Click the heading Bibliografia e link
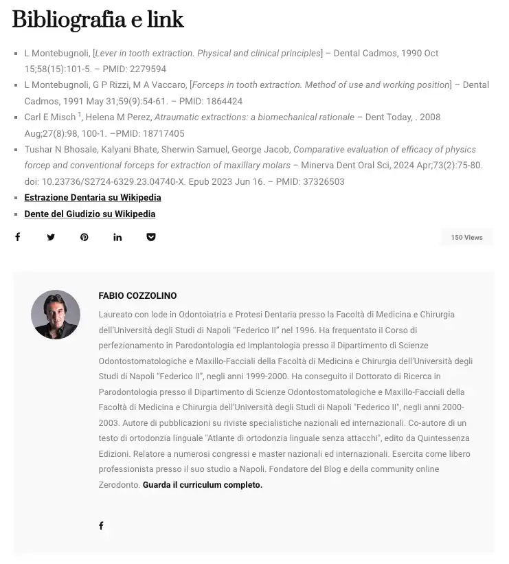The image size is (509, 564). tap(98, 21)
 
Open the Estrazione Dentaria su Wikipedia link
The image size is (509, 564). tap(93, 198)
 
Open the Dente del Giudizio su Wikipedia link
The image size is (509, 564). tap(90, 214)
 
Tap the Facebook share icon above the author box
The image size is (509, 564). tap(18, 237)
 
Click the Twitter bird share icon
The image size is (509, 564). tap(51, 238)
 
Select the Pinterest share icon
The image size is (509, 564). tap(84, 238)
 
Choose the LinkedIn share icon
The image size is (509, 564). tap(117, 238)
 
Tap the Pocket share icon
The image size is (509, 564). tap(151, 238)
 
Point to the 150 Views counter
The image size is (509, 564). tap(466, 238)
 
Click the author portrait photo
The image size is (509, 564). tap(56, 314)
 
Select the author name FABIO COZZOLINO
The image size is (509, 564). tap(137, 296)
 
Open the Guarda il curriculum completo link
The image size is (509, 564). tap(203, 485)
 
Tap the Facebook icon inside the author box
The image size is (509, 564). tap(101, 526)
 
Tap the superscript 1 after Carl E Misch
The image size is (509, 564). tap(80, 115)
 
